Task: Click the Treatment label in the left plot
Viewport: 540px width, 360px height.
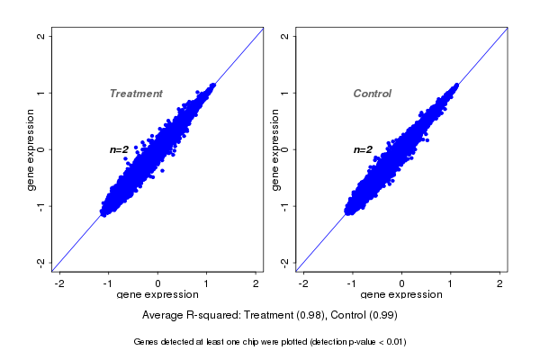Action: [x=136, y=94]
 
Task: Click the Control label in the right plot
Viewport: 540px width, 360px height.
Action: [x=373, y=94]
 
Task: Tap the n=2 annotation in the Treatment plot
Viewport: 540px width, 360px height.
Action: [x=120, y=149]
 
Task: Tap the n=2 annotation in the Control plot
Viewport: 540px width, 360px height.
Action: [x=363, y=149]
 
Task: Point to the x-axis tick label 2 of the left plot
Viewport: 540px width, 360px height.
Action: [x=256, y=283]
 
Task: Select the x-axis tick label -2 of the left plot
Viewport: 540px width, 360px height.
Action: [x=59, y=283]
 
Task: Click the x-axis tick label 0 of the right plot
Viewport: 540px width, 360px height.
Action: [x=401, y=283]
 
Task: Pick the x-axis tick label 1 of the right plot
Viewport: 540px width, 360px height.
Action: [x=451, y=283]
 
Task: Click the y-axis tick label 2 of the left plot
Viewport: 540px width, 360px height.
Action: [x=41, y=36]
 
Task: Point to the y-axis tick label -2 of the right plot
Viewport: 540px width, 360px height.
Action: [x=284, y=262]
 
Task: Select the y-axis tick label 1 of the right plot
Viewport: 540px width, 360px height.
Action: [x=284, y=93]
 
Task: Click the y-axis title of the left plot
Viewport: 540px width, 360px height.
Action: [x=31, y=149]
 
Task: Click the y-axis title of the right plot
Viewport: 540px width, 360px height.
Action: [x=274, y=149]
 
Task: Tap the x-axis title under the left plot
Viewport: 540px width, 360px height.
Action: [x=157, y=295]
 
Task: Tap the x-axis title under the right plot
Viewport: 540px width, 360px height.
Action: [x=400, y=295]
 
